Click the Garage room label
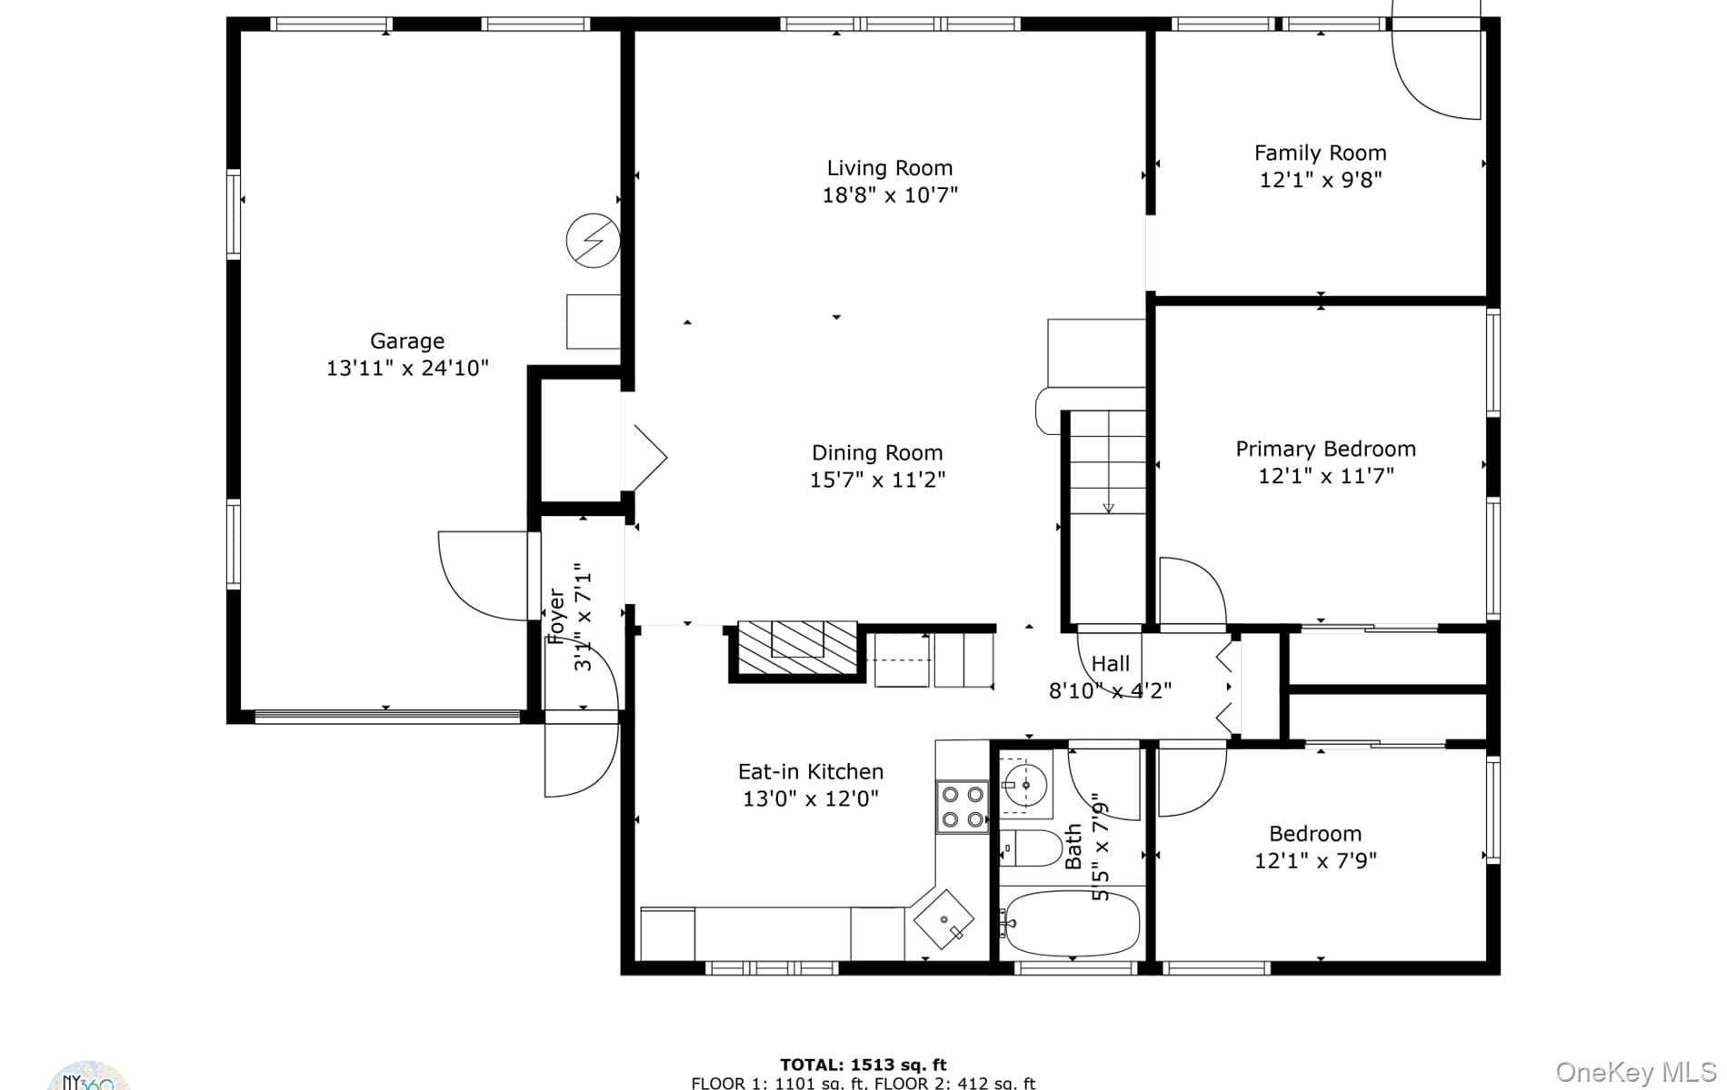point(407,341)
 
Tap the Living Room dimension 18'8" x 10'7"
point(890,195)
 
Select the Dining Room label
point(877,452)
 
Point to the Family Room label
point(1320,153)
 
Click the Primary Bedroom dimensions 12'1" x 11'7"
point(1325,476)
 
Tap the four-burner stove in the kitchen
point(963,807)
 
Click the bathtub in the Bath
point(1070,923)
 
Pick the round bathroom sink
point(1027,784)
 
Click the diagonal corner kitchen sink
point(943,919)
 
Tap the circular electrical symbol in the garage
point(593,241)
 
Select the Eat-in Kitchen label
point(811,771)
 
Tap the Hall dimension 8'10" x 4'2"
point(1110,690)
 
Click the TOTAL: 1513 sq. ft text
point(863,1065)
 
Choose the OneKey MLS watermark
point(1635,1072)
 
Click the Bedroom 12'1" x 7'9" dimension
point(1315,860)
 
